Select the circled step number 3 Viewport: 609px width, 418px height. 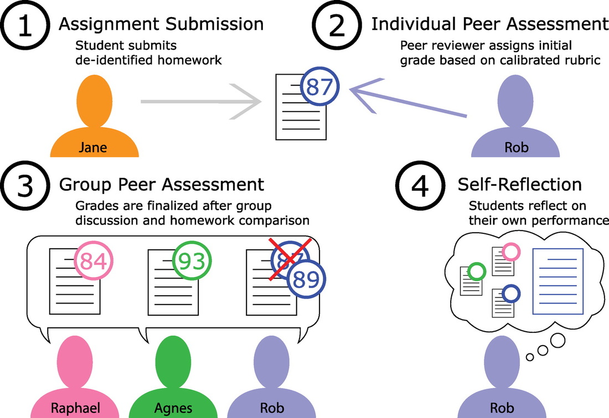[x=26, y=188]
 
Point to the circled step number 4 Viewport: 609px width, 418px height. [x=420, y=188]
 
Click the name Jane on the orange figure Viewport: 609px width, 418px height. [x=92, y=148]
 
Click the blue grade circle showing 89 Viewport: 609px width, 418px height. [x=306, y=280]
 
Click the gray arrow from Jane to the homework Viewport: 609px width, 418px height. [x=202, y=102]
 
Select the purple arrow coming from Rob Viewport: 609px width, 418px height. [x=410, y=98]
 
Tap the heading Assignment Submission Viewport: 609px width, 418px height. [x=161, y=24]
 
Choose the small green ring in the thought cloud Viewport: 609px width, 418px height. [x=477, y=271]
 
